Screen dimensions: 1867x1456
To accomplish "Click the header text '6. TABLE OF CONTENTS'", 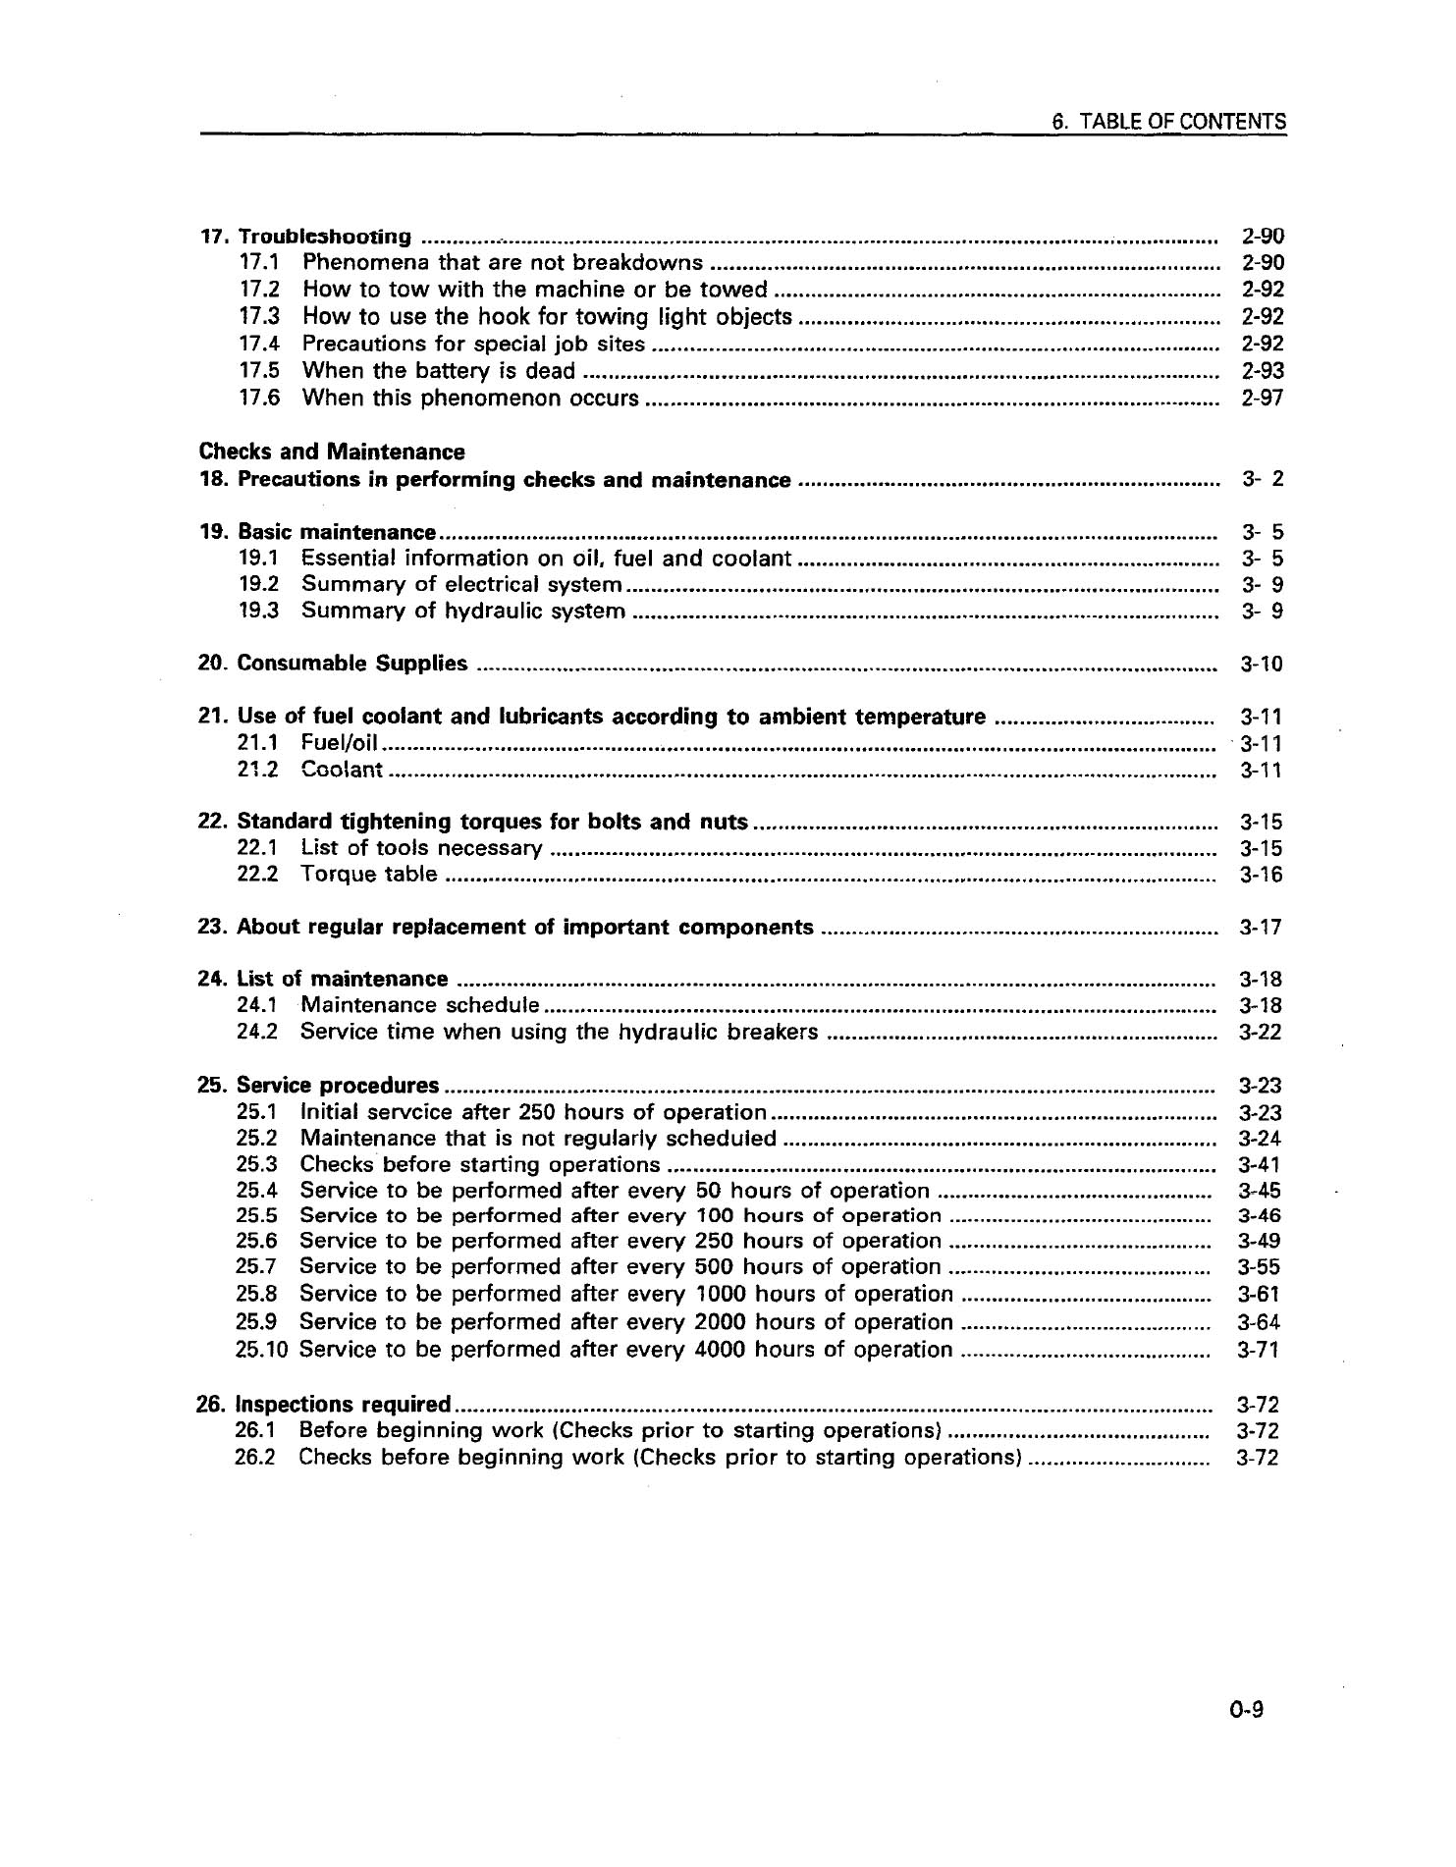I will click(1167, 122).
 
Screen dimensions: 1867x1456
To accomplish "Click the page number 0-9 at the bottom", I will click(1245, 1710).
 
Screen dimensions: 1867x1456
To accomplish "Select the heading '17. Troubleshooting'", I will click(305, 237).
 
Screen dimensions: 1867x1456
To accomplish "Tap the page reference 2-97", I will click(1262, 398).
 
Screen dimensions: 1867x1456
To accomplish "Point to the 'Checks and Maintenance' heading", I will click(332, 452).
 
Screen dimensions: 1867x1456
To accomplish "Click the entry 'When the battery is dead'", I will click(438, 371).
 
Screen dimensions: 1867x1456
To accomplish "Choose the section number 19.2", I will click(258, 584).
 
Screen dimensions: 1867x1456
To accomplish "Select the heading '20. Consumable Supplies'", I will click(333, 664).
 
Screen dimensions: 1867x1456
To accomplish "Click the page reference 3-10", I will click(1261, 665).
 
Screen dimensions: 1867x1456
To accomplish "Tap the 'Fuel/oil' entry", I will click(340, 743).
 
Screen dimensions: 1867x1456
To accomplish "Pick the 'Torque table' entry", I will click(368, 874).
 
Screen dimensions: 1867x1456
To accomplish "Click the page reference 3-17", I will click(1261, 928).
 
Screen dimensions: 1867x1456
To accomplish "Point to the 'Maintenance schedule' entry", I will click(419, 1005).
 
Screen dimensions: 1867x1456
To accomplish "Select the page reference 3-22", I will click(1261, 1032).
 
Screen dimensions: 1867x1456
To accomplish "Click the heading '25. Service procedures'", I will click(318, 1086).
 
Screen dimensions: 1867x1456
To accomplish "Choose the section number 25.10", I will click(261, 1350).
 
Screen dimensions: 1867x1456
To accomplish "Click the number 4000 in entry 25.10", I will click(722, 1350).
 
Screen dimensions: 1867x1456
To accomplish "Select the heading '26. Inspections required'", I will click(323, 1404).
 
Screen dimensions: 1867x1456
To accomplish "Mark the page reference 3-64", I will click(1259, 1323).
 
